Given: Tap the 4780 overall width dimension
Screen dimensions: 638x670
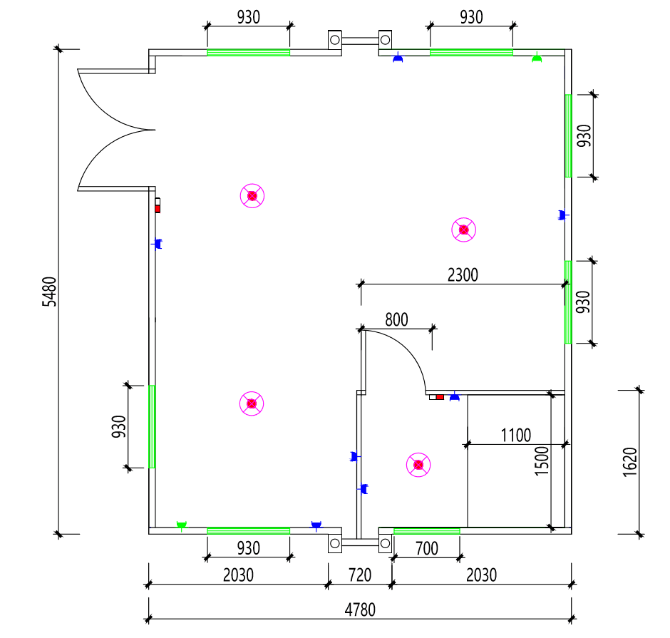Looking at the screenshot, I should click(360, 610).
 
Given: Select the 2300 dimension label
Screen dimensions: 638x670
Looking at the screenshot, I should click(463, 274).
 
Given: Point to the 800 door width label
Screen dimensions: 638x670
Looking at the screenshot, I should click(396, 319).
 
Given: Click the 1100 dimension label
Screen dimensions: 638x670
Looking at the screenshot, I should click(516, 435).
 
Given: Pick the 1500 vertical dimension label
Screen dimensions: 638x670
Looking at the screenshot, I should click(542, 461).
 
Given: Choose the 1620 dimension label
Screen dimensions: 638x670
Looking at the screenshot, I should click(629, 462).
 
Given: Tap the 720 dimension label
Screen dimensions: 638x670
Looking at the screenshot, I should click(360, 575).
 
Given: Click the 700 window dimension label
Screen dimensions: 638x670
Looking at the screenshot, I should click(426, 548).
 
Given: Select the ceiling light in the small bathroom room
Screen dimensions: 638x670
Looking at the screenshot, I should click(418, 465).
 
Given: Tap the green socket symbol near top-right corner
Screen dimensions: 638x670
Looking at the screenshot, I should click(537, 57).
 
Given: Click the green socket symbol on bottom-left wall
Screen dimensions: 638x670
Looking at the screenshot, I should click(181, 525).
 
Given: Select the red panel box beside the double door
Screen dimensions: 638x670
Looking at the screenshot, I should click(158, 205).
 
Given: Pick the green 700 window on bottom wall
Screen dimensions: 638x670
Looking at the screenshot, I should click(426, 530).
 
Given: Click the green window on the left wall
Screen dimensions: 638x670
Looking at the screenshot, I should click(152, 426).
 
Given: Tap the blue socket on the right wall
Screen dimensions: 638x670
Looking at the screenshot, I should click(562, 215).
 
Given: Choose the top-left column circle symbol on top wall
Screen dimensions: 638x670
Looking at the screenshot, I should click(335, 39).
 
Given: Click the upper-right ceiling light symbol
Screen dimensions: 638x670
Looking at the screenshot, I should click(463, 230).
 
